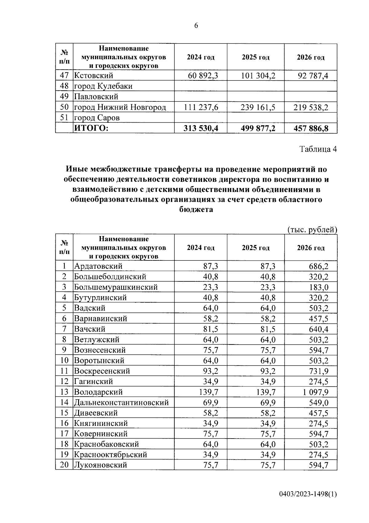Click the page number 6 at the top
(196, 26)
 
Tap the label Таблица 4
(318, 149)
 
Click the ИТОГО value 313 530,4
(201, 129)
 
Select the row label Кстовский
(94, 76)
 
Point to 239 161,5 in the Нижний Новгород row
(258, 107)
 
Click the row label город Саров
(97, 118)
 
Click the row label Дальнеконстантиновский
(121, 402)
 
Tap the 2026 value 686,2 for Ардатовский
(319, 266)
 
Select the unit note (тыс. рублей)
(312, 230)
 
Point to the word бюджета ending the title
(196, 210)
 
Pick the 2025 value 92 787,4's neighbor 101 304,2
(258, 76)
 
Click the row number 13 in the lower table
(64, 392)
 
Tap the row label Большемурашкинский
(116, 287)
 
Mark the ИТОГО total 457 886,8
(311, 129)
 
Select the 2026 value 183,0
(319, 287)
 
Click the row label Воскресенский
(102, 371)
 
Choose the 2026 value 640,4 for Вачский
(319, 329)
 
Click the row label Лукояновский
(101, 465)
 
